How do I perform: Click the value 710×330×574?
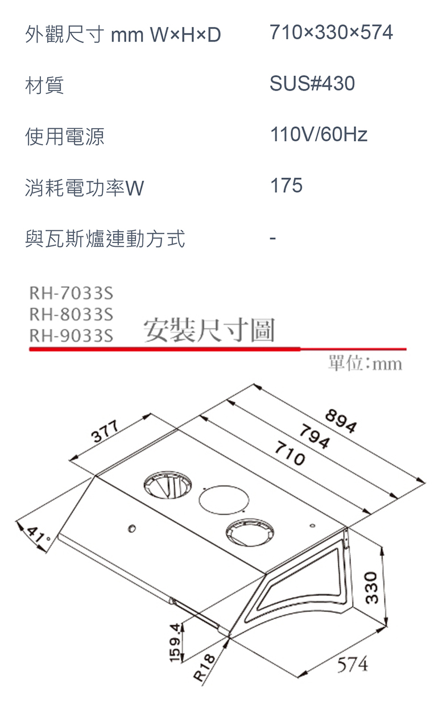(x=331, y=32)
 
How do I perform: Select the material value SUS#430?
(x=312, y=84)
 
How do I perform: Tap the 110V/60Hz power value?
(x=319, y=135)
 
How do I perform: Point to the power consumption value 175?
(x=286, y=186)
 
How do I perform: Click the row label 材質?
(x=44, y=86)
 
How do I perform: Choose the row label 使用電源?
(x=64, y=137)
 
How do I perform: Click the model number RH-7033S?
(x=71, y=294)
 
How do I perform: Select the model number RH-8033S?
(x=71, y=314)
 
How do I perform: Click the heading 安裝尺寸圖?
(x=209, y=331)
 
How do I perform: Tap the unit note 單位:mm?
(x=365, y=363)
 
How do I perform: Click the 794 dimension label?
(x=315, y=437)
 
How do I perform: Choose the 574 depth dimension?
(x=352, y=664)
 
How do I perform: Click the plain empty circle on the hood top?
(x=224, y=499)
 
